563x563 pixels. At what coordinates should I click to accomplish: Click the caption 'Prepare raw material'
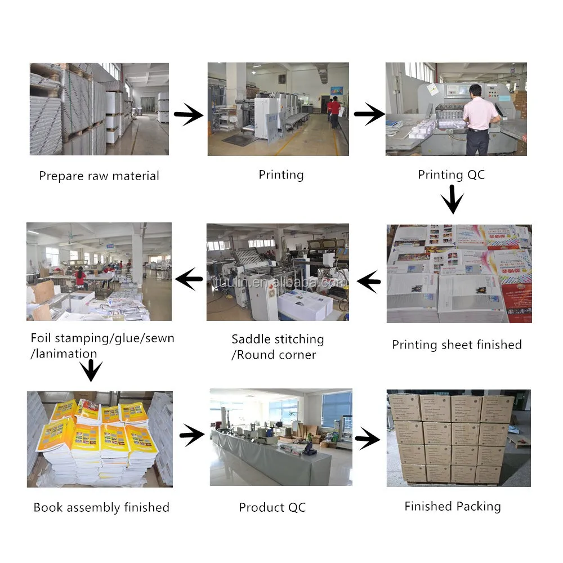click(x=99, y=176)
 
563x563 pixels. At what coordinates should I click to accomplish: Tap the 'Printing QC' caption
click(x=451, y=175)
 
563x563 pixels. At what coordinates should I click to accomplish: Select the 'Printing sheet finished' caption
click(x=457, y=345)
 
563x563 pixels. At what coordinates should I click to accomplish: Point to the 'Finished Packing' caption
click(x=452, y=506)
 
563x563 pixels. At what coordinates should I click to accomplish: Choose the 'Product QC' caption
click(x=272, y=507)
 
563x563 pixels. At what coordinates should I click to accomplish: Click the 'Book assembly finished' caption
click(x=101, y=507)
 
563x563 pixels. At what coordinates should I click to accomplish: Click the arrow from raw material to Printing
click(x=189, y=116)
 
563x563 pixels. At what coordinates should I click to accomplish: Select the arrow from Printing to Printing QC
click(x=369, y=115)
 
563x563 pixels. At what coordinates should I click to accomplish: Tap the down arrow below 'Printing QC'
click(x=452, y=200)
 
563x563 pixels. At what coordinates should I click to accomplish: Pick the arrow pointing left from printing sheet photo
click(x=369, y=280)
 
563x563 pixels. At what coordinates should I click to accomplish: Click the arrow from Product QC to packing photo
click(x=368, y=438)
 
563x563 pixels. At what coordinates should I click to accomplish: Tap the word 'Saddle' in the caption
click(x=251, y=339)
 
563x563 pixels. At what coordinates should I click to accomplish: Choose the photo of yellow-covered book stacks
click(x=100, y=438)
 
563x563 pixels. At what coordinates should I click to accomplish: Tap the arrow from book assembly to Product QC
click(x=192, y=434)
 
